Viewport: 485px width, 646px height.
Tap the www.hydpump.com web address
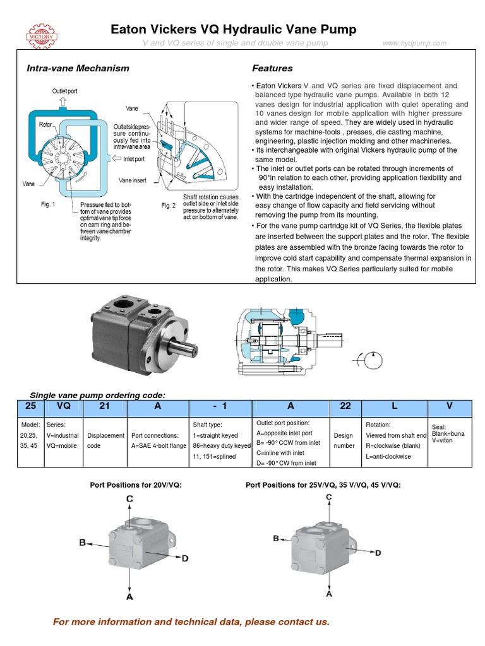tap(414, 43)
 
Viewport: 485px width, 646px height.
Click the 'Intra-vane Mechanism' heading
tap(77, 68)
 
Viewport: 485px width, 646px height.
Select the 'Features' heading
tap(272, 68)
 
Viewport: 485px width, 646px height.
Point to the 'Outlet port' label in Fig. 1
tap(64, 91)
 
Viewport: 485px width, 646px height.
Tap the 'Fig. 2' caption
tap(168, 205)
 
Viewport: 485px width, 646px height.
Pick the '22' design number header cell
tap(345, 406)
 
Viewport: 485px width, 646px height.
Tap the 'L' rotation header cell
tap(395, 406)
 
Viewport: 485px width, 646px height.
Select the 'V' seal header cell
tap(449, 406)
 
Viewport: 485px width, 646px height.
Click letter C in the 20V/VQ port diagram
tap(129, 499)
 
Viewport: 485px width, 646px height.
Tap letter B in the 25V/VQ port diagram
tap(275, 538)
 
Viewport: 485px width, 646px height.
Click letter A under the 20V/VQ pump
tap(129, 596)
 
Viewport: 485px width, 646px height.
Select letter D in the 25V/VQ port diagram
tap(378, 553)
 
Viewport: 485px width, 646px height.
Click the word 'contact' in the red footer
tap(292, 622)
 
